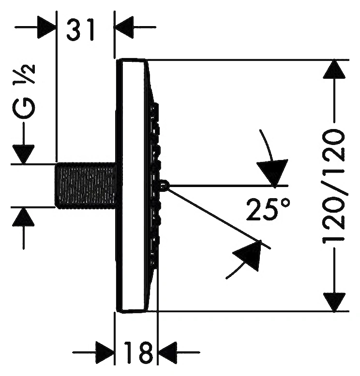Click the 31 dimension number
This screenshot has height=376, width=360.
(80, 30)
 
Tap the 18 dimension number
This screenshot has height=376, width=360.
(138, 352)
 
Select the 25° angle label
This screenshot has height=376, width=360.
(268, 209)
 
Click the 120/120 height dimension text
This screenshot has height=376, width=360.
(334, 186)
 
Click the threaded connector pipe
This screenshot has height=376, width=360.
(86, 186)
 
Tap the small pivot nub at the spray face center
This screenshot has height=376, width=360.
(164, 185)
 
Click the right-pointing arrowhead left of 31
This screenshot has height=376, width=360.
(46, 27)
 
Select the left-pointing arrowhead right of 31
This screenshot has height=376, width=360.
(124, 27)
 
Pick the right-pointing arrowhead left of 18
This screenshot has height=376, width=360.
(105, 352)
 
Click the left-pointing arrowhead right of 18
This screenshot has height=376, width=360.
(167, 352)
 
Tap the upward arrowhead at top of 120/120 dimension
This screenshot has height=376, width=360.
(334, 69)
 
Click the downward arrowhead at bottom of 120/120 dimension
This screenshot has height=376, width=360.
(334, 302)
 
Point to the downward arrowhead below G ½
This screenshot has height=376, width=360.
(23, 155)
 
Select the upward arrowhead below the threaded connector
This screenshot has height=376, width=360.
(23, 217)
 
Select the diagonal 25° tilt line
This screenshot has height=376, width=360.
(219, 218)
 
